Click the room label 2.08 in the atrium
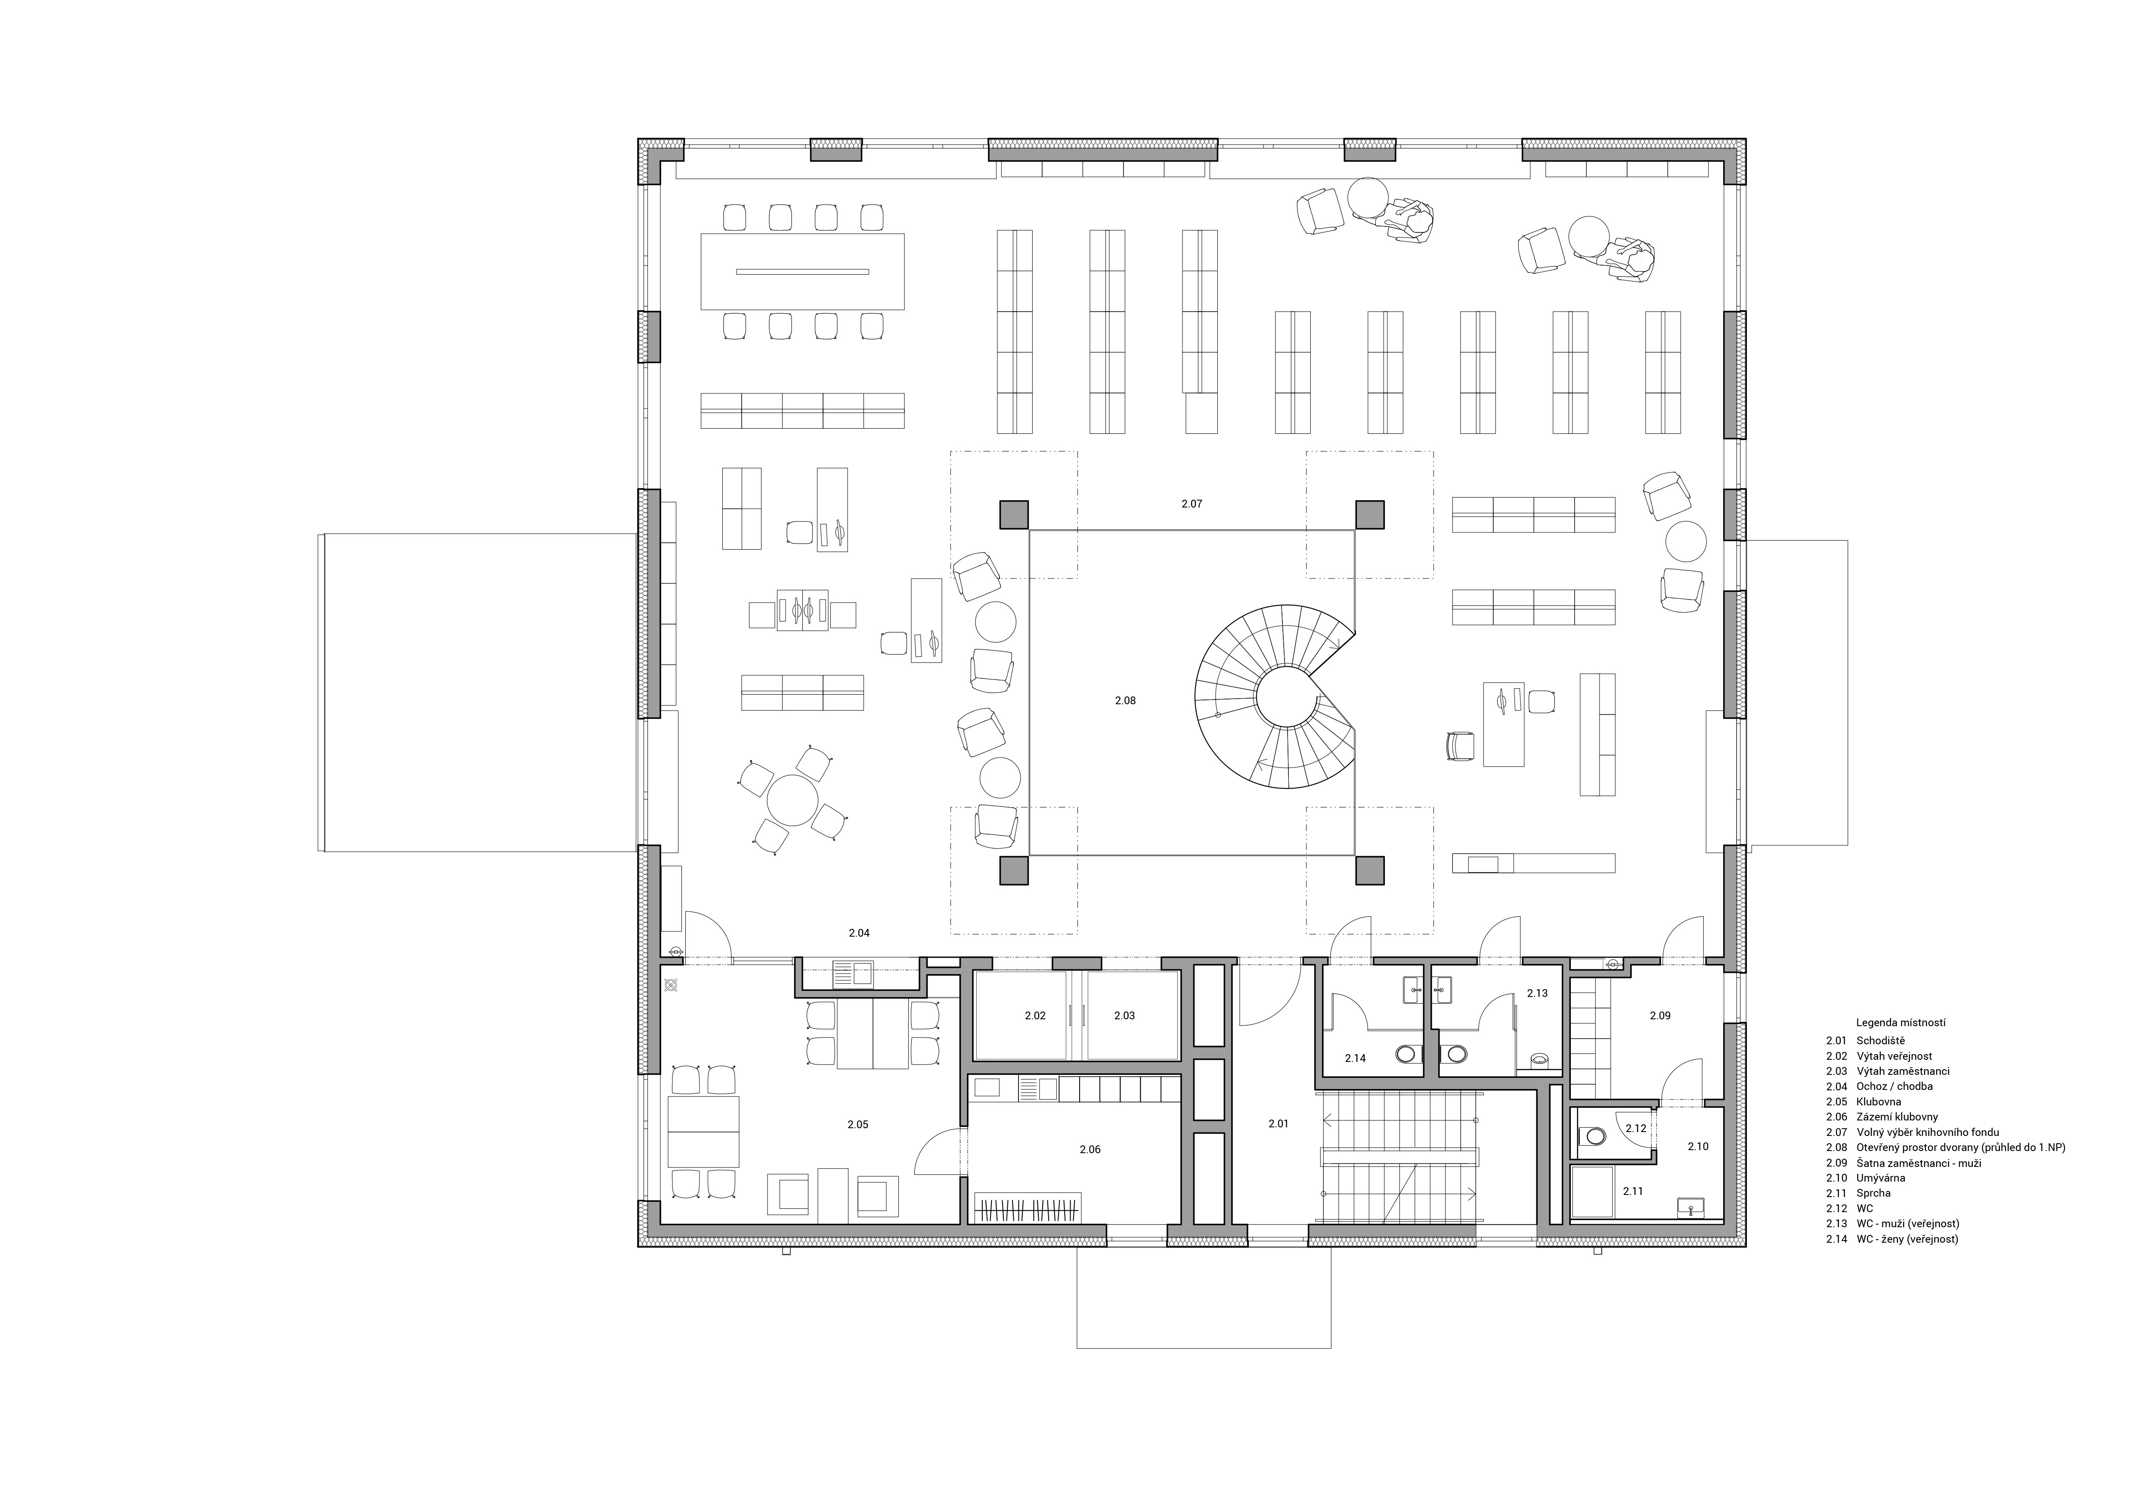click(x=1125, y=701)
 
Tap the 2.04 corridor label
click(x=859, y=932)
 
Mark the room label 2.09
click(x=1659, y=1015)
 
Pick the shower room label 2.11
click(x=1633, y=1191)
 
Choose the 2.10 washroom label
click(x=1698, y=1146)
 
